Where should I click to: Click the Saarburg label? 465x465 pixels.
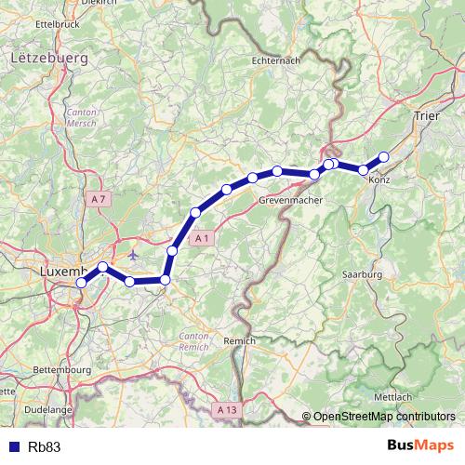coord(363,276)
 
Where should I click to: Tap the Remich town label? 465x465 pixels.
coord(239,342)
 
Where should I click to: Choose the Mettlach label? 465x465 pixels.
coord(408,397)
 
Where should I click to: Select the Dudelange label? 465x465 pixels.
coord(47,408)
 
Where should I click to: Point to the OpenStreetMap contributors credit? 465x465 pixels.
coord(383,417)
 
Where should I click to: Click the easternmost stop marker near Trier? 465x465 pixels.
coord(383,157)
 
